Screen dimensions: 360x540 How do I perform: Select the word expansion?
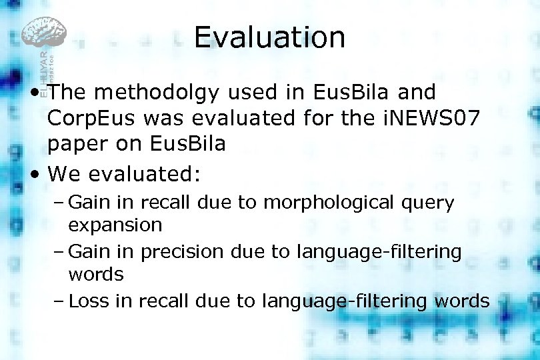click(x=115, y=225)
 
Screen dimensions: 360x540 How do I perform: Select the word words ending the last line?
click(x=461, y=301)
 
